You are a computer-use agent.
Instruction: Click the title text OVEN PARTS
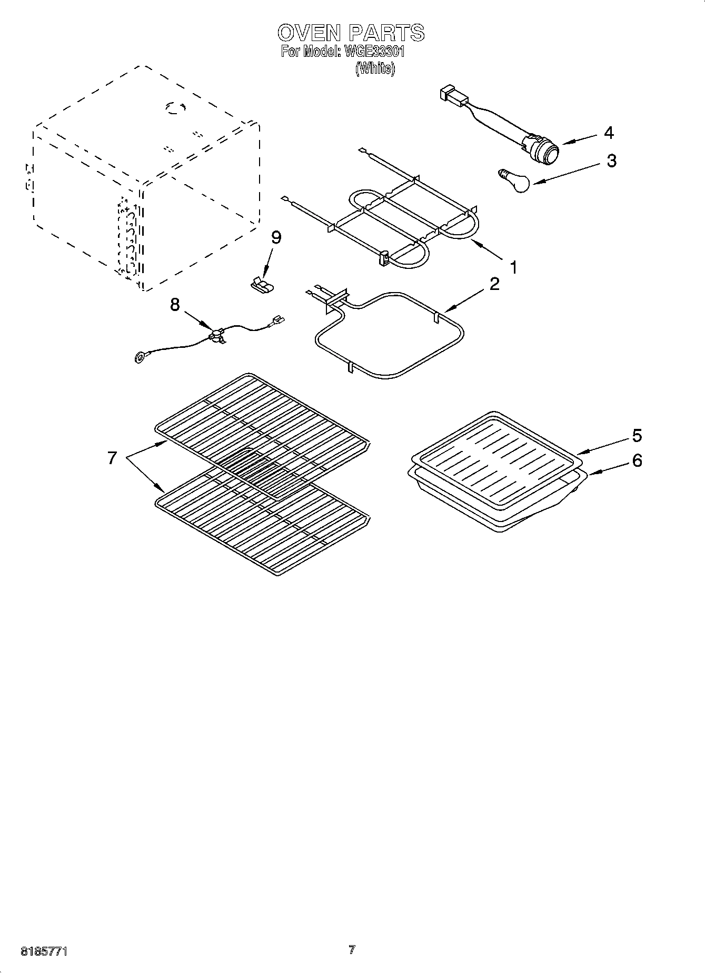(x=351, y=33)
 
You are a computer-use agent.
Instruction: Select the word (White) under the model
(x=375, y=68)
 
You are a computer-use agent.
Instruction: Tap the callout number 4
(x=609, y=133)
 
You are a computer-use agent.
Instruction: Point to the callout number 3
(x=611, y=161)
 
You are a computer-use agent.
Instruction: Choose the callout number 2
(x=494, y=284)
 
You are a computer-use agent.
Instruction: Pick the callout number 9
(x=276, y=237)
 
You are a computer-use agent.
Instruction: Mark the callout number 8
(x=175, y=304)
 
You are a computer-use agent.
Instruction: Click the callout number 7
(x=112, y=458)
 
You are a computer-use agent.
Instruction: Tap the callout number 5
(x=637, y=436)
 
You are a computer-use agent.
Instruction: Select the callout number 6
(x=637, y=460)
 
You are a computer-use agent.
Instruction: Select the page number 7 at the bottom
(x=352, y=950)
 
